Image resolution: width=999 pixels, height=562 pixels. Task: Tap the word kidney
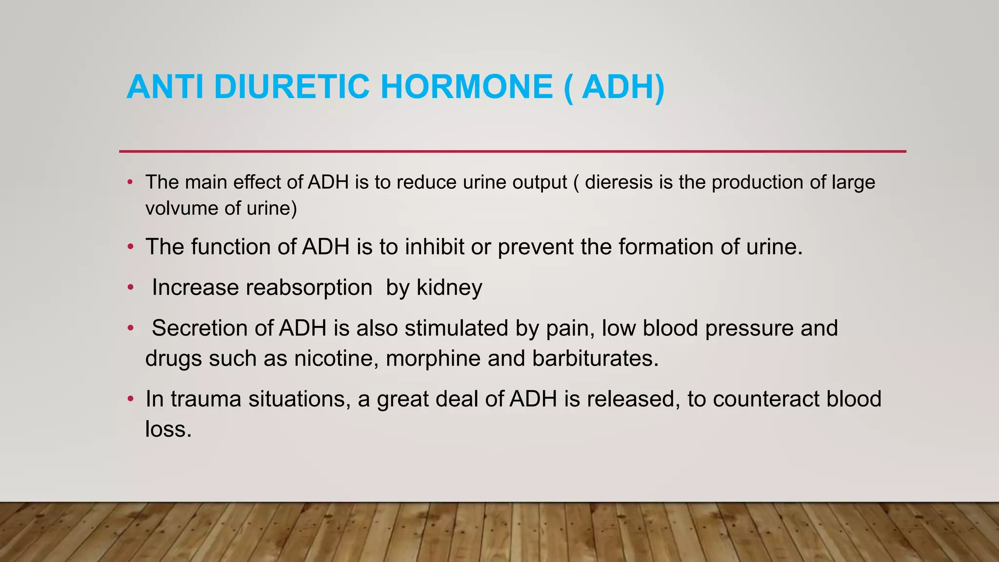tap(449, 288)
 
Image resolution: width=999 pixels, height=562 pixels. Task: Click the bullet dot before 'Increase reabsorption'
tap(130, 287)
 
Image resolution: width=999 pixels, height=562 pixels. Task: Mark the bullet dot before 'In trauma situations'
tap(130, 399)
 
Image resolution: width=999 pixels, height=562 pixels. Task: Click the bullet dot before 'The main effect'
tap(130, 182)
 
